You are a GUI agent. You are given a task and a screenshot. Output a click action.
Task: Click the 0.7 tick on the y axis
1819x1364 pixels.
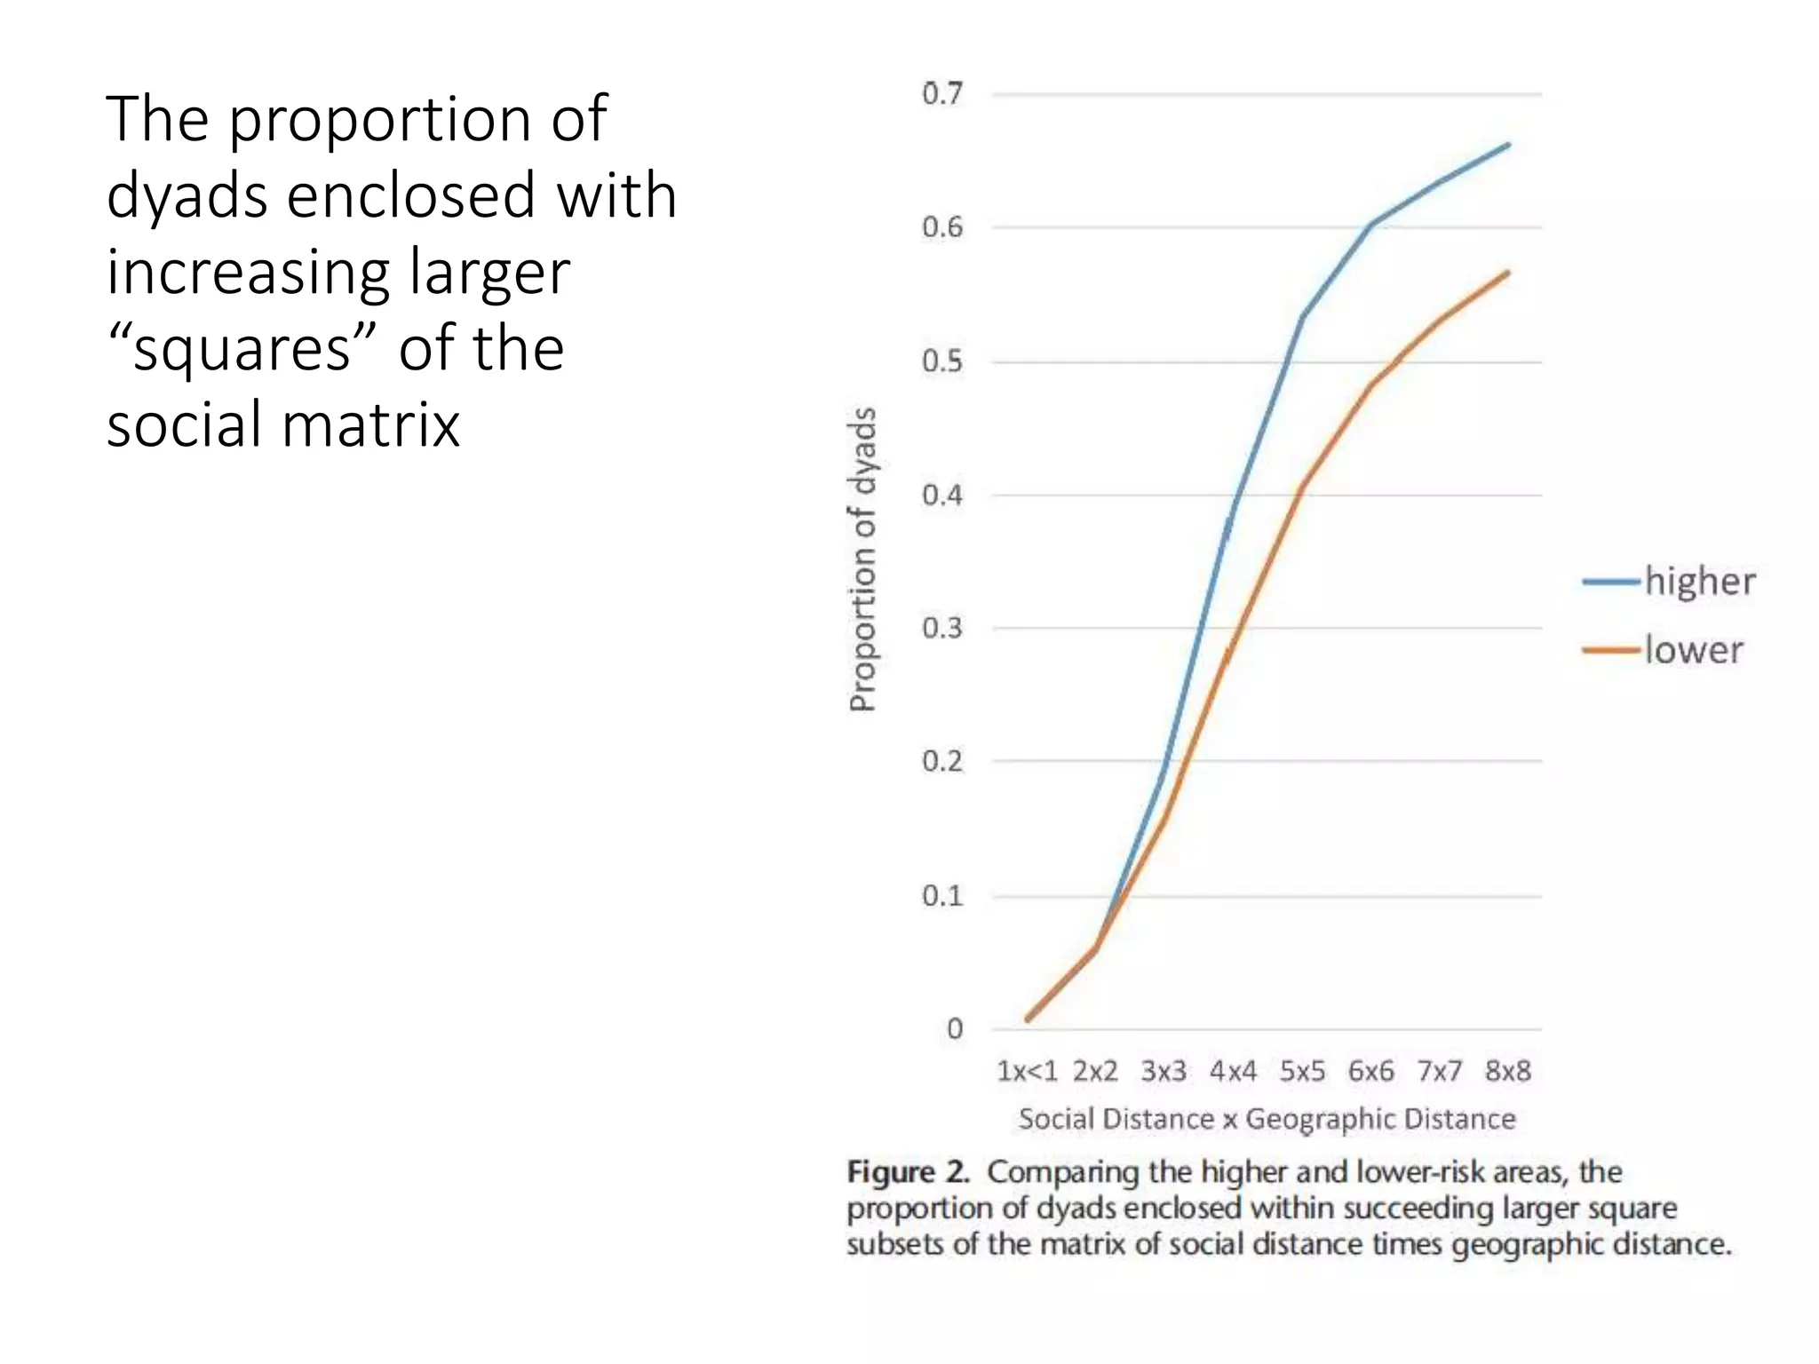tap(942, 93)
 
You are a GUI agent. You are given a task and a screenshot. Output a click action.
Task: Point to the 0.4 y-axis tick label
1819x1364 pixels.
tap(942, 495)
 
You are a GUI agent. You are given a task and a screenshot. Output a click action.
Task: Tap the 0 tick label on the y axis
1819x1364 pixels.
tap(955, 1028)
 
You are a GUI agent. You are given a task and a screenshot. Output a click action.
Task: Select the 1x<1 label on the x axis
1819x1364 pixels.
tap(1027, 1071)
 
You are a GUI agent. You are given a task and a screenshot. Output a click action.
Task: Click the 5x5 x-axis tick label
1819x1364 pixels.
tap(1302, 1071)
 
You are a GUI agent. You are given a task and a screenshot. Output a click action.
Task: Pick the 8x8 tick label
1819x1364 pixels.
tap(1508, 1071)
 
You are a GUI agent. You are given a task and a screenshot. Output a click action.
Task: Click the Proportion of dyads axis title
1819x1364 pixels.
tap(862, 559)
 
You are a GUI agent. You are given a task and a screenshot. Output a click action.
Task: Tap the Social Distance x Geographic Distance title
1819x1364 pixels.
tap(1267, 1119)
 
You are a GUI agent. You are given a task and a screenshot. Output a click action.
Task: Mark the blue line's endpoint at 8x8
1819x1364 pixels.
tap(1508, 145)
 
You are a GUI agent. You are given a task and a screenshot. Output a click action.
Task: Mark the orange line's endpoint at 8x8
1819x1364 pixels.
tap(1508, 273)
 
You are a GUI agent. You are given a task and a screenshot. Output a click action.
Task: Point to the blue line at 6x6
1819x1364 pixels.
tap(1371, 224)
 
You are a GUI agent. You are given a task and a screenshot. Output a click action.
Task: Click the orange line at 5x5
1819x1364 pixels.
tap(1302, 487)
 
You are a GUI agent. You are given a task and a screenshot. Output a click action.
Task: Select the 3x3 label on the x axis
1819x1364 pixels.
tap(1164, 1071)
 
